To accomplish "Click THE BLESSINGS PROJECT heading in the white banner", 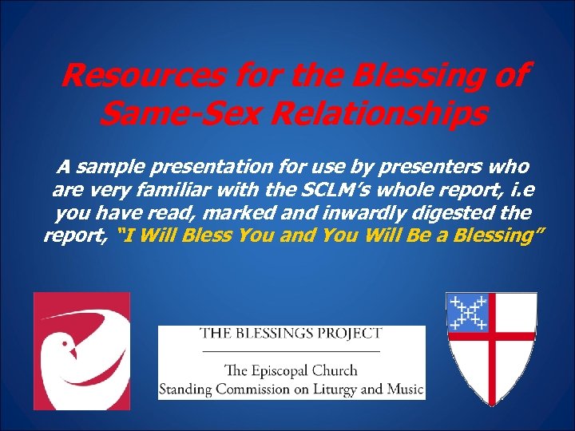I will pos(291,334).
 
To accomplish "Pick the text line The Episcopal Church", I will pos(291,370).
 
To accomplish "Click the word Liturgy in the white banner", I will pos(335,389).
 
